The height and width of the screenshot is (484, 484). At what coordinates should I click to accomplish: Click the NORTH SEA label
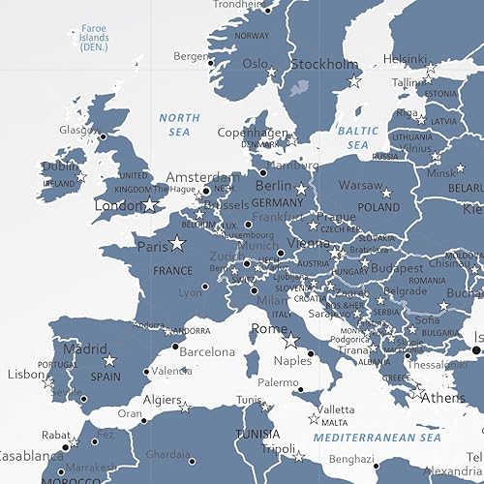(x=180, y=124)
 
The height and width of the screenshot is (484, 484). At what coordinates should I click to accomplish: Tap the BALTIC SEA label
(x=358, y=136)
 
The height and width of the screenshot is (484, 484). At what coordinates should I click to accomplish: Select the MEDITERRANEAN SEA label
(x=377, y=439)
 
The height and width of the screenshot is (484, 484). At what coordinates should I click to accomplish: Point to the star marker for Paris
(x=176, y=244)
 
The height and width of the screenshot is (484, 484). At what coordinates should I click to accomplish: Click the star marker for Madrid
(x=109, y=360)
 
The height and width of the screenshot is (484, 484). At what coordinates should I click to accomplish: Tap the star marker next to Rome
(x=289, y=341)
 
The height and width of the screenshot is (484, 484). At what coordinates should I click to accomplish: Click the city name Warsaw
(x=360, y=184)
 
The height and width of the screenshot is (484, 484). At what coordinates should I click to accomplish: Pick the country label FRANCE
(x=173, y=271)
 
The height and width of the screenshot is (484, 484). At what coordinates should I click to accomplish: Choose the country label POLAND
(x=378, y=207)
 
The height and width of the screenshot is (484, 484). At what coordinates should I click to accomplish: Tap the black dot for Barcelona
(x=175, y=346)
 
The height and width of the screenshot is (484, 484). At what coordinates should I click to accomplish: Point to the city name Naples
(x=293, y=361)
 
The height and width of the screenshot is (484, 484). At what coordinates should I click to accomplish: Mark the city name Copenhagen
(x=253, y=132)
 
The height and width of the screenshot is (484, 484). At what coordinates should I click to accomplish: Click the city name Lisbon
(x=26, y=374)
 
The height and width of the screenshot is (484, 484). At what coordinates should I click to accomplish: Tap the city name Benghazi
(x=351, y=459)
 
